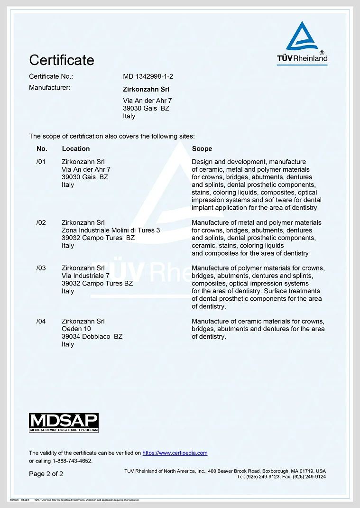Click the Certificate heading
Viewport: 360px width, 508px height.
pos(62,60)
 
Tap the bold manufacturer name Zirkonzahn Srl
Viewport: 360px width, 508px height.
pos(146,89)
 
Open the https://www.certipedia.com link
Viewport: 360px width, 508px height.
pos(175,453)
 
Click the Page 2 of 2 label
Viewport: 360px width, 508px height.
pos(46,474)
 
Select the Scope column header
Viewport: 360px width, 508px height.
pos(202,148)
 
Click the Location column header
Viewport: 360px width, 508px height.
pos(76,148)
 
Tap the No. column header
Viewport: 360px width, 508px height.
pos(42,148)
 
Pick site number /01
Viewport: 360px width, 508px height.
pos(41,162)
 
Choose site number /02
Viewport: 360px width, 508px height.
pos(41,222)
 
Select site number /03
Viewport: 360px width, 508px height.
pos(41,268)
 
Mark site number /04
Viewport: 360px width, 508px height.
pos(41,321)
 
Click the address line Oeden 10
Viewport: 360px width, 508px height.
pos(76,329)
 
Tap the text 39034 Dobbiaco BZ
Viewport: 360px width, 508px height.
pos(92,336)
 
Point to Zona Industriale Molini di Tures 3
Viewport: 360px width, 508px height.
pos(111,230)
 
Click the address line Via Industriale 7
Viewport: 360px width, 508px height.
pos(85,276)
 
